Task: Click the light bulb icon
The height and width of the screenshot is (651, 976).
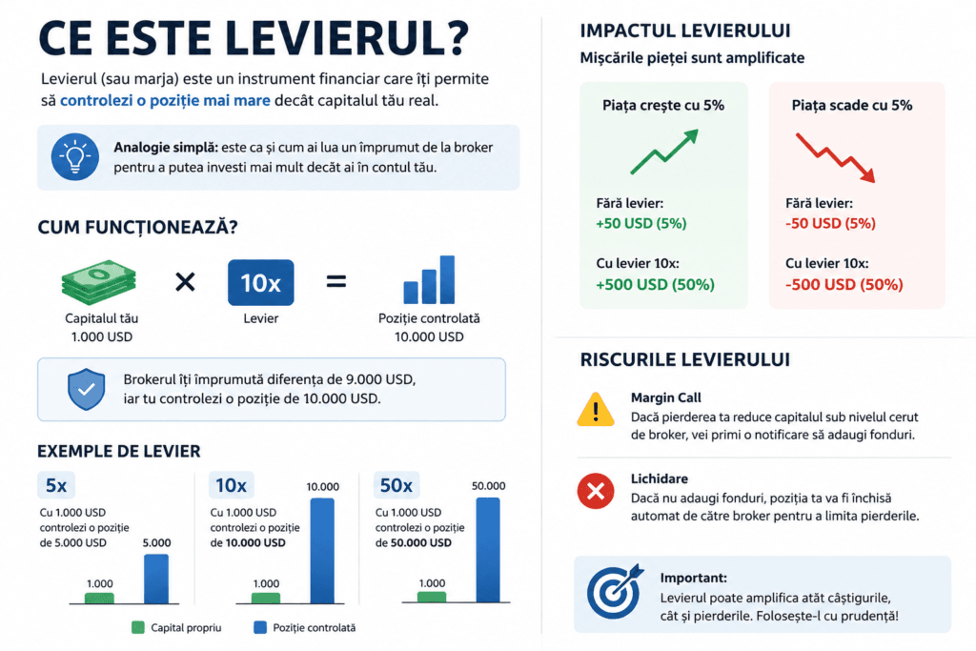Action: click(74, 157)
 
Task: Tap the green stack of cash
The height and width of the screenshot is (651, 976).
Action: click(99, 282)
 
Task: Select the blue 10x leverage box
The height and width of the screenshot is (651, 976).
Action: click(261, 282)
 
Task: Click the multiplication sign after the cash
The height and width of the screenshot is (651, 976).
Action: click(185, 282)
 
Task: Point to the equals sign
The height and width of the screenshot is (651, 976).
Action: click(336, 282)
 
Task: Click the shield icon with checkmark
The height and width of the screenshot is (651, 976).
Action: click(86, 389)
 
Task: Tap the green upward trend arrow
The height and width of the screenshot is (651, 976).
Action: click(664, 152)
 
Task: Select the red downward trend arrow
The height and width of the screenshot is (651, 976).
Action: click(836, 157)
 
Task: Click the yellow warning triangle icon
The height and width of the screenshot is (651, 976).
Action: click(596, 410)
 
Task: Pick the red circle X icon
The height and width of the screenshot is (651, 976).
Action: click(596, 491)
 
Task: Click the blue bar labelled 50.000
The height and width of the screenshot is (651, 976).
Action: click(488, 550)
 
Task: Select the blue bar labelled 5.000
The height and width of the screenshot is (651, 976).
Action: click(156, 579)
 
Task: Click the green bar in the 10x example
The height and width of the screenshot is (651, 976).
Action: click(266, 598)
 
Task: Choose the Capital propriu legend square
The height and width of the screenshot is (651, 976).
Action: click(138, 627)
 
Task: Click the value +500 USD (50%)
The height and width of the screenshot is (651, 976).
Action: click(655, 284)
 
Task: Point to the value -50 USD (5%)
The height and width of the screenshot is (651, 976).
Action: click(830, 223)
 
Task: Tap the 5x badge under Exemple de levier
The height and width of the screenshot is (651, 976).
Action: click(56, 485)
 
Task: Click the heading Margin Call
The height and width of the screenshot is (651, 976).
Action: click(666, 397)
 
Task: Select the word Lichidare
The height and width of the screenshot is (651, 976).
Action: click(660, 478)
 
